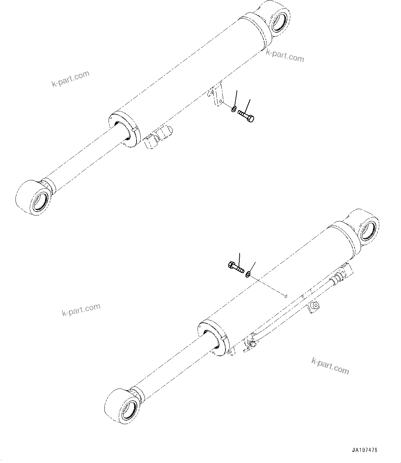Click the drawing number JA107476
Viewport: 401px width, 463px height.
tap(365, 450)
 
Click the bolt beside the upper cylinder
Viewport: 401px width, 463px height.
tap(246, 116)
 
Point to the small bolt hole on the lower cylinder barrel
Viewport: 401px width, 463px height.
tap(285, 295)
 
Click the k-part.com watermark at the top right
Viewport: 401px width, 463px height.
tap(285, 56)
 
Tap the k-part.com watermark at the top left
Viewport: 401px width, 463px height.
tap(71, 79)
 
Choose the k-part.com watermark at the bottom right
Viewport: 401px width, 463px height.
tap(330, 366)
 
